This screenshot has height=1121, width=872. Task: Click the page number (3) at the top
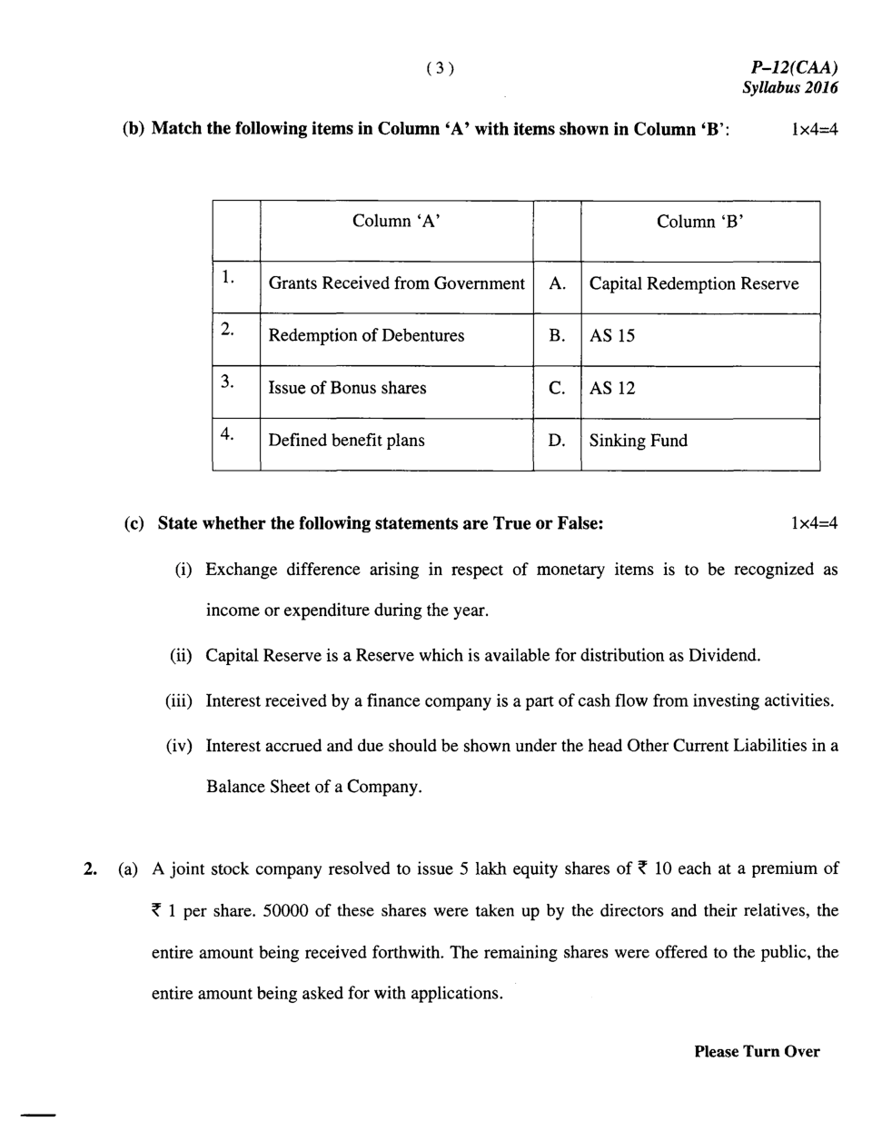[x=440, y=68]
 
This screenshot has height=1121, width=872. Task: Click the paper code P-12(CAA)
[x=794, y=67]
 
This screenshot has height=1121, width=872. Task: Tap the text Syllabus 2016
[x=789, y=88]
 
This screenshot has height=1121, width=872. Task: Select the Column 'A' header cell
[x=396, y=222]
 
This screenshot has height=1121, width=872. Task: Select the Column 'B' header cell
[x=700, y=222]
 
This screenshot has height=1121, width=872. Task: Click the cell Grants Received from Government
[x=396, y=283]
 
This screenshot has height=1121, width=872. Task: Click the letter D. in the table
[x=557, y=441]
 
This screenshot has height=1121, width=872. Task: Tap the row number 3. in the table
[x=227, y=382]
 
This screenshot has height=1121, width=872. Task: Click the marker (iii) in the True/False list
[x=180, y=700]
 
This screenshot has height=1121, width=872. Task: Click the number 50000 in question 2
[x=286, y=910]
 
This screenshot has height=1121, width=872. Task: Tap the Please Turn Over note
[x=757, y=1051]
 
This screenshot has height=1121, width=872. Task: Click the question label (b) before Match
[x=134, y=128]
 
